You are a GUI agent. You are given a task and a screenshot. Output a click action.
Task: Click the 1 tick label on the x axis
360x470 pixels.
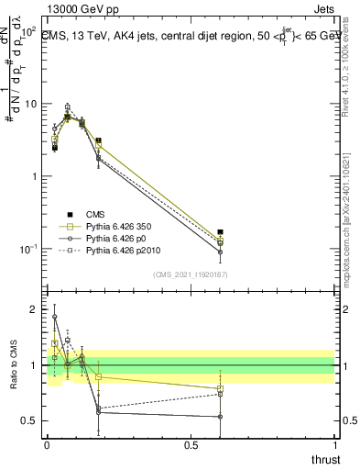(334, 445)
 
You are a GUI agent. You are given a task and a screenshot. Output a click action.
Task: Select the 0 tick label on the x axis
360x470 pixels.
(47, 445)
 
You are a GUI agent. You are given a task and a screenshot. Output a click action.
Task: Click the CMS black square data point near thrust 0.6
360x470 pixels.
(220, 232)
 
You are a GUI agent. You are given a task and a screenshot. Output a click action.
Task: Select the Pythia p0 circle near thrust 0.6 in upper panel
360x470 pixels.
(220, 252)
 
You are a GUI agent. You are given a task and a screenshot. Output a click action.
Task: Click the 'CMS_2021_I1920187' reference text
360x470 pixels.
(190, 274)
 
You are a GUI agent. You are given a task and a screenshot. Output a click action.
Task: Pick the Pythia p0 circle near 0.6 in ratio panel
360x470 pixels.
(220, 416)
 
